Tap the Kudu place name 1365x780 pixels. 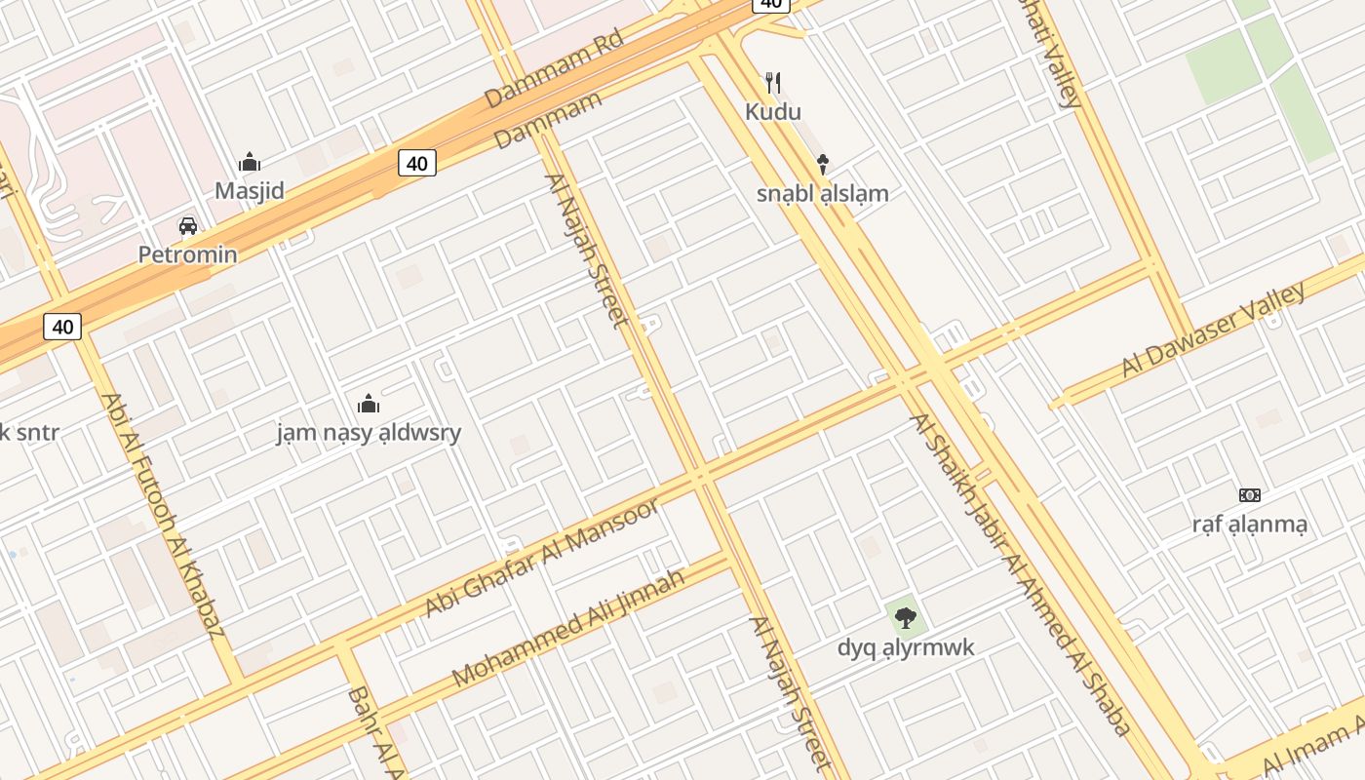pos(773,111)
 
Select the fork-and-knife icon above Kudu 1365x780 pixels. pos(773,82)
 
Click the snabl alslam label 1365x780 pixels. pos(823,193)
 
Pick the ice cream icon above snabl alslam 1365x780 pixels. pos(823,164)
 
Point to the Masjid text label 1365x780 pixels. pos(250,190)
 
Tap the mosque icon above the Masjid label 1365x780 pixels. pos(250,162)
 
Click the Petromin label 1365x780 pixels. pos(187,254)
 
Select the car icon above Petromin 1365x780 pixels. pos(188,226)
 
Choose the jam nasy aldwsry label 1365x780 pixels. pos(369,432)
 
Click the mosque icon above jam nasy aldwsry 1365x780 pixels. pos(369,403)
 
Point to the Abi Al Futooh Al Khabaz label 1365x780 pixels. pos(163,514)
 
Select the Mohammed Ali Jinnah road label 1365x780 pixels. pos(568,627)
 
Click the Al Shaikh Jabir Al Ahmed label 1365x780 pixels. pos(1020,574)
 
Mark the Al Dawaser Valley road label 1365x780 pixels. pos(1213,329)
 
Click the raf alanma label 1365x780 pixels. pos(1249,525)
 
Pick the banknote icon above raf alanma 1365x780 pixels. pos(1249,495)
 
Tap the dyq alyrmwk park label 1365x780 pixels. pos(906,647)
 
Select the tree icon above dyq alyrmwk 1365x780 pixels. pos(906,617)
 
